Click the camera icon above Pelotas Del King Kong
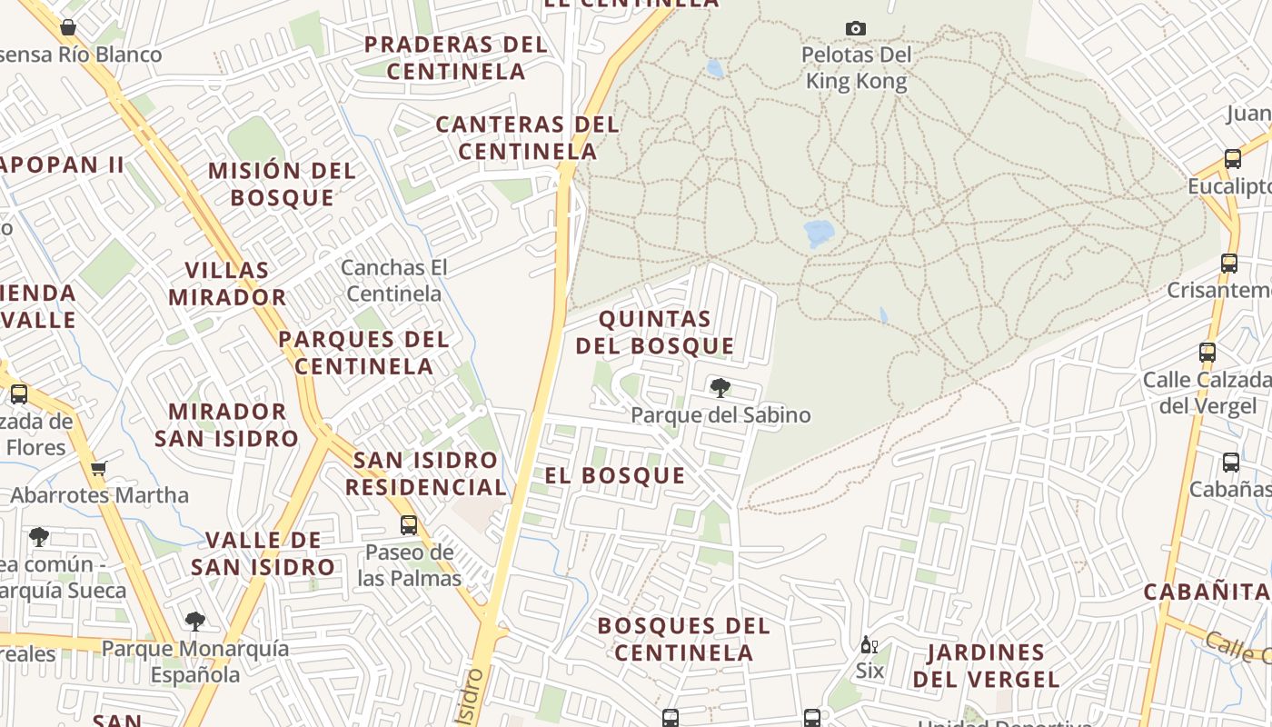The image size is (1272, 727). pyautogui.click(x=855, y=29)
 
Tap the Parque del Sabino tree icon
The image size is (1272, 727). pyautogui.click(x=720, y=388)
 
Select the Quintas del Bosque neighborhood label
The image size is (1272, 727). pyautogui.click(x=655, y=333)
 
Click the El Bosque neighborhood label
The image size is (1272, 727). pyautogui.click(x=615, y=475)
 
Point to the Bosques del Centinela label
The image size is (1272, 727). pyautogui.click(x=683, y=639)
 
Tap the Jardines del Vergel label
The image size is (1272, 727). pyautogui.click(x=986, y=665)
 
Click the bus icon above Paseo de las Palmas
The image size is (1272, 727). pyautogui.click(x=409, y=524)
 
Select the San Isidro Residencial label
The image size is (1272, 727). pyautogui.click(x=426, y=473)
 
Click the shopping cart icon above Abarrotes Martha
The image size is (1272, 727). pyautogui.click(x=98, y=469)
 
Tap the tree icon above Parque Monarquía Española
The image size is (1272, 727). pyautogui.click(x=194, y=622)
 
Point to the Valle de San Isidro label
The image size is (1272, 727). pyautogui.click(x=263, y=553)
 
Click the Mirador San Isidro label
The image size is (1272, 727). pyautogui.click(x=226, y=425)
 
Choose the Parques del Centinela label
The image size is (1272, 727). pyautogui.click(x=363, y=353)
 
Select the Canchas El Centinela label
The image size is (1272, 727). pyautogui.click(x=394, y=281)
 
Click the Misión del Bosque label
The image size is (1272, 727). pyautogui.click(x=282, y=184)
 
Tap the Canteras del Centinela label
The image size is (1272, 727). pyautogui.click(x=527, y=137)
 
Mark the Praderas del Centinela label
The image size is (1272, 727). pyautogui.click(x=456, y=57)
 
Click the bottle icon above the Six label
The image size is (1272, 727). pyautogui.click(x=869, y=645)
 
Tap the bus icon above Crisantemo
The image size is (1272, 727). pyautogui.click(x=1228, y=264)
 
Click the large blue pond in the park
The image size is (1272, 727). pyautogui.click(x=819, y=233)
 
